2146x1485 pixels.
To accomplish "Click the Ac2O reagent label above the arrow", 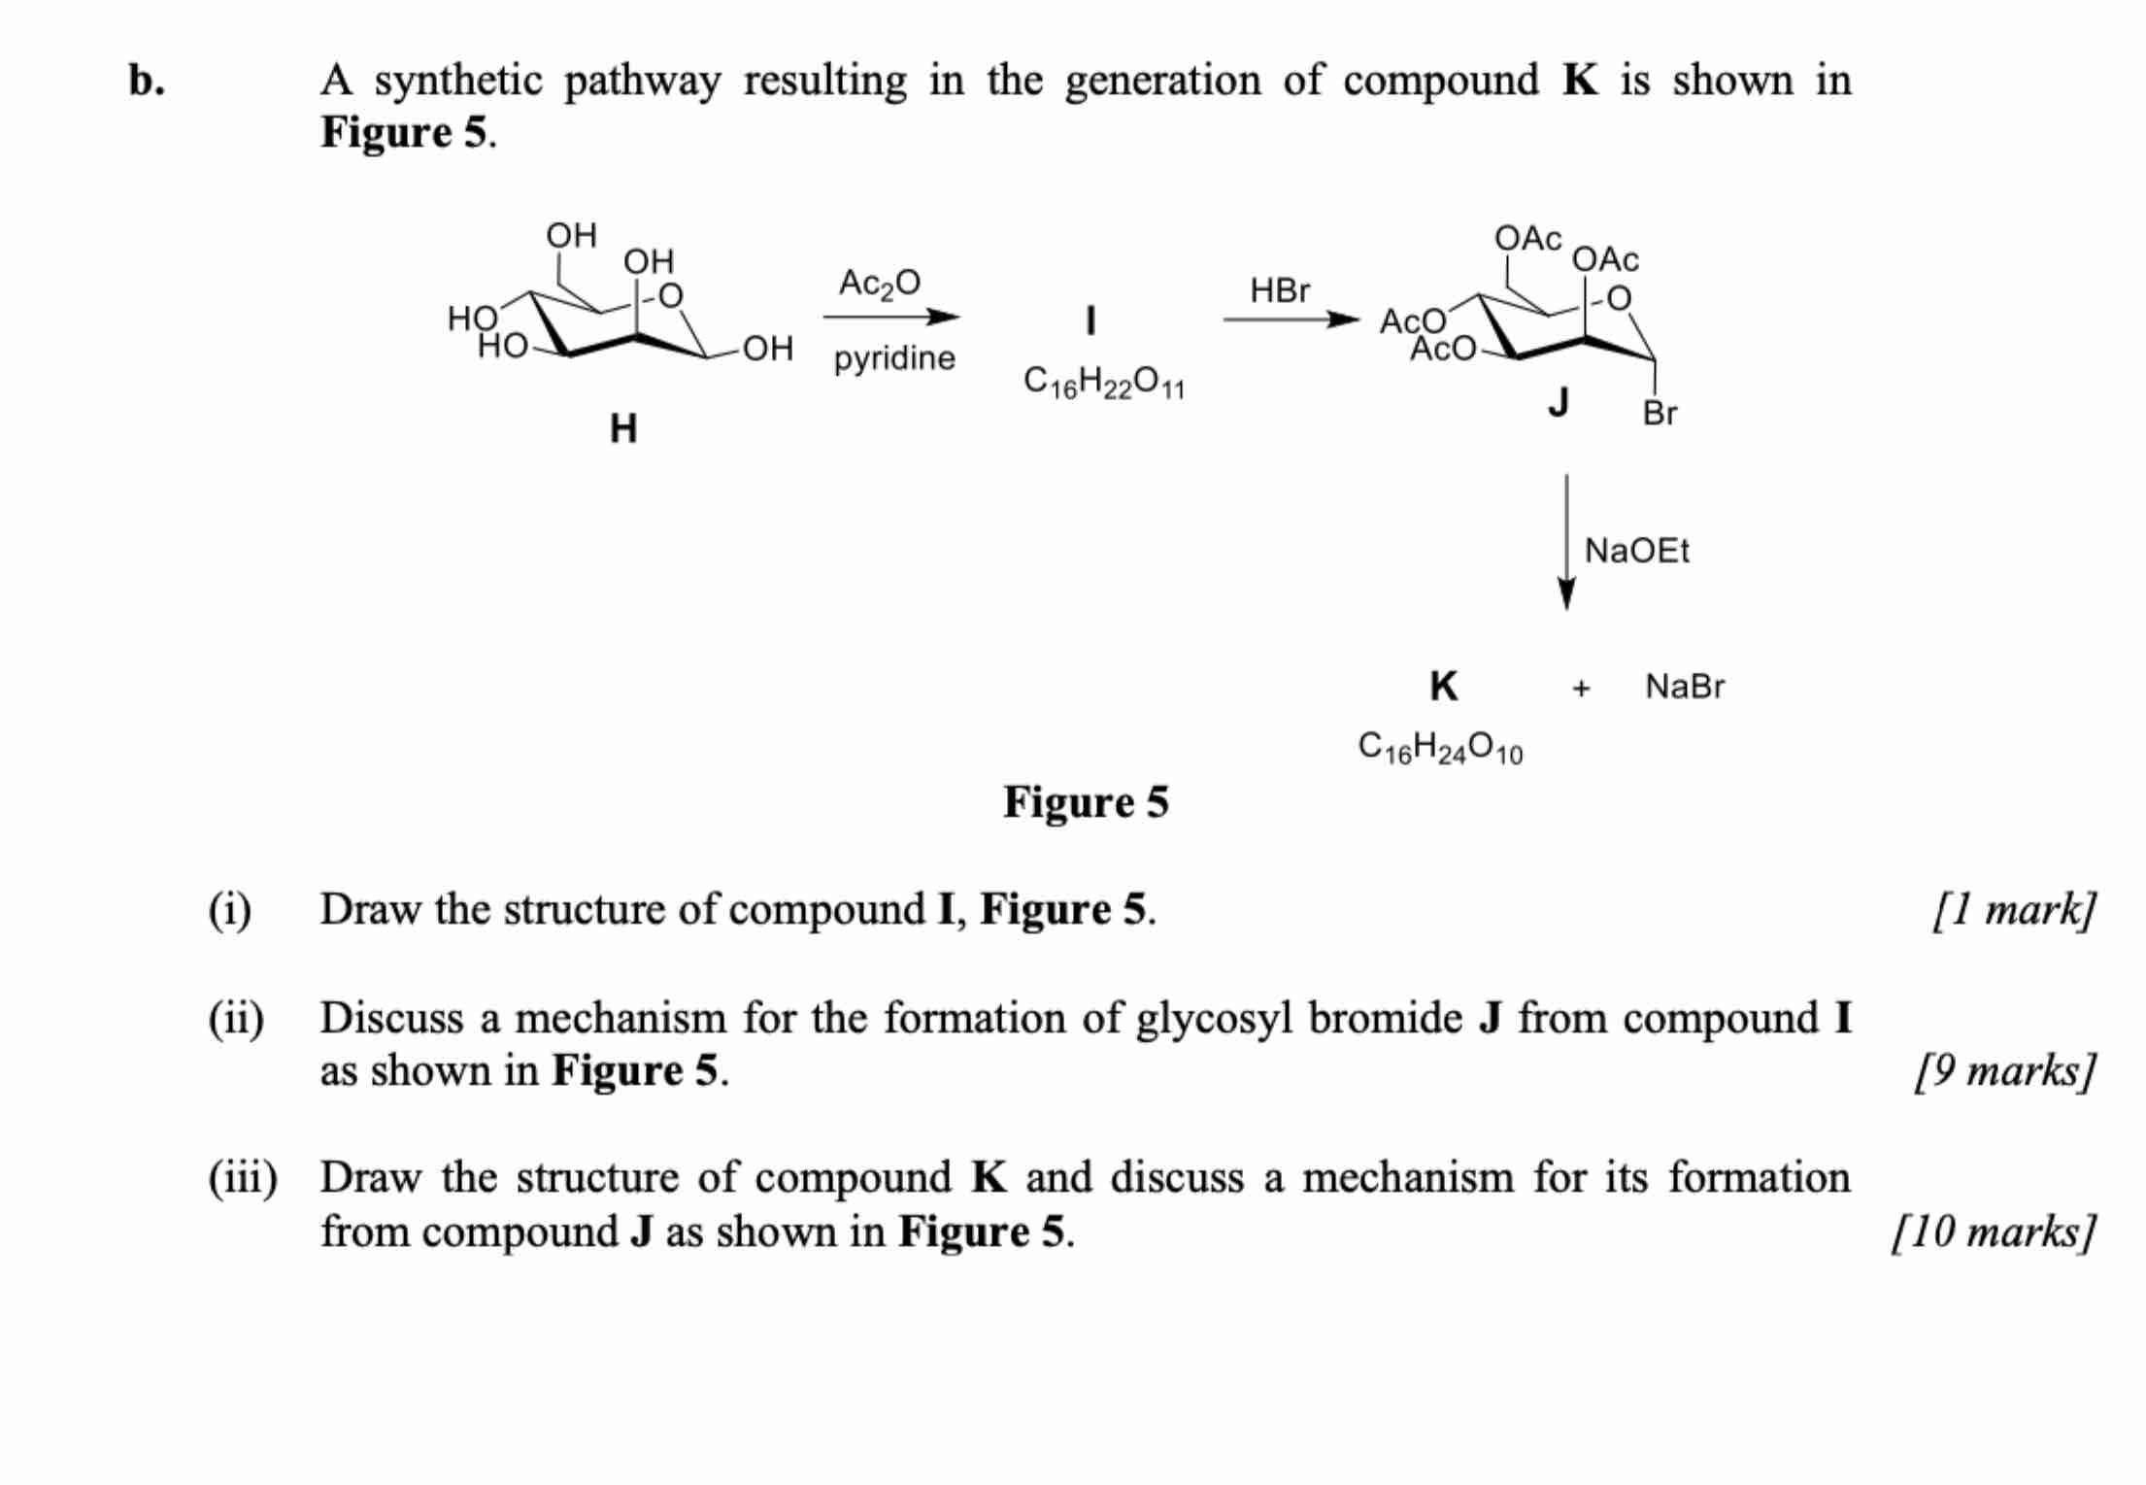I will coord(879,284).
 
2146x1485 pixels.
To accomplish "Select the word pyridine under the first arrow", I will coord(894,358).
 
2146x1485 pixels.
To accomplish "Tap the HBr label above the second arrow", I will coord(1279,289).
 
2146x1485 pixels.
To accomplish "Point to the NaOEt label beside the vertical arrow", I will coord(1636,551).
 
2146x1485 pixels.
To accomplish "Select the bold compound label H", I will coord(623,428).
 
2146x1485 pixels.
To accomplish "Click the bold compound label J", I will coord(1559,400).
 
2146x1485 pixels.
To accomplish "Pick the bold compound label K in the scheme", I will coord(1443,687).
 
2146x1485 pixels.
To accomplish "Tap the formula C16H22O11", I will coord(1104,384).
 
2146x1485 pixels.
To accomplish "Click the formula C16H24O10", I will coord(1440,748).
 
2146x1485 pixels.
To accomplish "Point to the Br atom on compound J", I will coord(1660,414).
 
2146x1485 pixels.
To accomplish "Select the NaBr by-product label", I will coord(1685,687).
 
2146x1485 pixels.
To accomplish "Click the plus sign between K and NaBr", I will coord(1581,689).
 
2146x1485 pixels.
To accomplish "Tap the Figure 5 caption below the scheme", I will coord(1086,802).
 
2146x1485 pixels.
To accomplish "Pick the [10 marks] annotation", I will coord(1994,1232).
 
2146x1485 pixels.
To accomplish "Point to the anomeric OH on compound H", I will coord(767,349).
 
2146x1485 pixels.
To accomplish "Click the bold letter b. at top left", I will coord(147,81).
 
